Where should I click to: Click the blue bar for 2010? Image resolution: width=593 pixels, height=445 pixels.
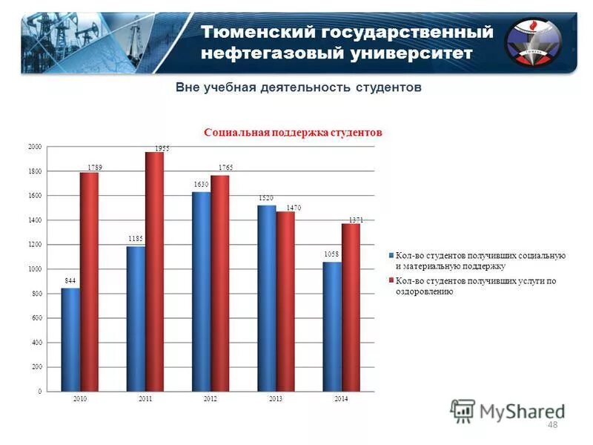point(70,339)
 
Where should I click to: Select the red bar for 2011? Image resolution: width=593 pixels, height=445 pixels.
point(155,271)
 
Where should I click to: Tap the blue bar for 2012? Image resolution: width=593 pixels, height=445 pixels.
point(201,291)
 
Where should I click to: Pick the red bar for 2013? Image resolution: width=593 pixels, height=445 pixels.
point(285,301)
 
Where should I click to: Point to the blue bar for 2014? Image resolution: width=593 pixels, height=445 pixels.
point(332,326)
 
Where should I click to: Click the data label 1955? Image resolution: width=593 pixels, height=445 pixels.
point(162,148)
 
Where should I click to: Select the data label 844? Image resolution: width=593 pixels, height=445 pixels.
point(70,280)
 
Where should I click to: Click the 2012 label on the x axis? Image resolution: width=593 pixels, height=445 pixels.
point(211,399)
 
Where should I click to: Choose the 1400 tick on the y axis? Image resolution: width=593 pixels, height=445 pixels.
point(35,220)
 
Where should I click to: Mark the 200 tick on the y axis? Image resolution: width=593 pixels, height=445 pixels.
point(36,367)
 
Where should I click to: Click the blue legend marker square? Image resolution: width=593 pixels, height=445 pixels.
point(390,256)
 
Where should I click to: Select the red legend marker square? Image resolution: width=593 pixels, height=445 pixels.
point(390,281)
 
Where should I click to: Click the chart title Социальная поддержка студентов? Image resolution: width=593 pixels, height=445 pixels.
point(293,133)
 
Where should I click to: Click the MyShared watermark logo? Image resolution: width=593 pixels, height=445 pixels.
point(507,410)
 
